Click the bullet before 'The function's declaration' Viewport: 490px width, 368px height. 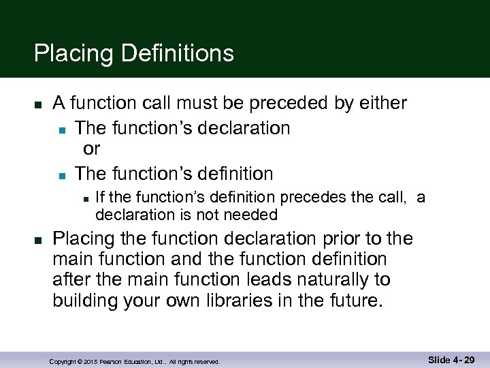61,129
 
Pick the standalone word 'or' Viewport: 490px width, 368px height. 91,149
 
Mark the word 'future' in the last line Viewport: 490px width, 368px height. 348,301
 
